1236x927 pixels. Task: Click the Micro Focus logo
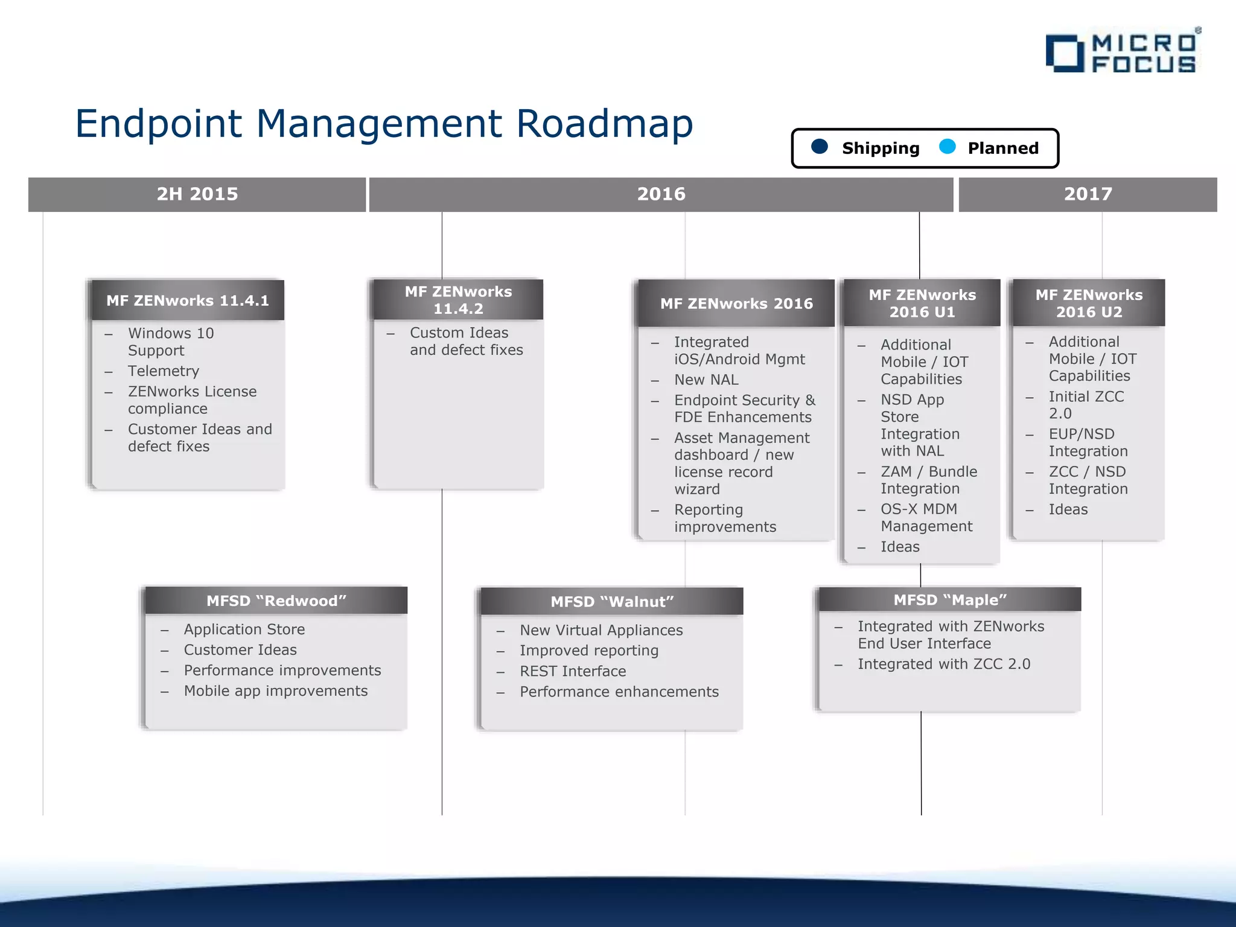pyautogui.click(x=1123, y=53)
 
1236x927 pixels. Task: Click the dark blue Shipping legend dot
pyautogui.click(x=820, y=147)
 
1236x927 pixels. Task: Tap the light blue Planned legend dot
pyautogui.click(x=948, y=147)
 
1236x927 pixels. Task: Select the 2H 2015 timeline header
pyautogui.click(x=197, y=194)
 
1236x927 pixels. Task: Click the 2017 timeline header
pyautogui.click(x=1088, y=194)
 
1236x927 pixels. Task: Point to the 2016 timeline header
pyautogui.click(x=661, y=194)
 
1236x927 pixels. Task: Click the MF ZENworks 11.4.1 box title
pyautogui.click(x=188, y=301)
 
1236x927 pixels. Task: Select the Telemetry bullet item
pyautogui.click(x=164, y=371)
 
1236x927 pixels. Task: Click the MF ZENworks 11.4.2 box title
pyautogui.click(x=458, y=300)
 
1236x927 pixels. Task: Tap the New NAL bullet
pyautogui.click(x=706, y=380)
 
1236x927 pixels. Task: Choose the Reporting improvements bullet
pyautogui.click(x=724, y=518)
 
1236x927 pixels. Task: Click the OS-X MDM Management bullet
pyautogui.click(x=926, y=518)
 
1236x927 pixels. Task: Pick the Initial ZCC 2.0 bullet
pyautogui.click(x=1086, y=405)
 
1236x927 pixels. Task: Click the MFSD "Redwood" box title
pyautogui.click(x=276, y=601)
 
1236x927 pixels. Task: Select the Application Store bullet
pyautogui.click(x=244, y=629)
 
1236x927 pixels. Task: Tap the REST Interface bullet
pyautogui.click(x=573, y=671)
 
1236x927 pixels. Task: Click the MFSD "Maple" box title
pyautogui.click(x=950, y=600)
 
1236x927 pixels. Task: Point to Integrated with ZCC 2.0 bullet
pyautogui.click(x=944, y=664)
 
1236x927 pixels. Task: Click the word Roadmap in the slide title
pyautogui.click(x=604, y=124)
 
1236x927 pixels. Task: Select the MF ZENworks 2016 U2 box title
pyautogui.click(x=1089, y=304)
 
